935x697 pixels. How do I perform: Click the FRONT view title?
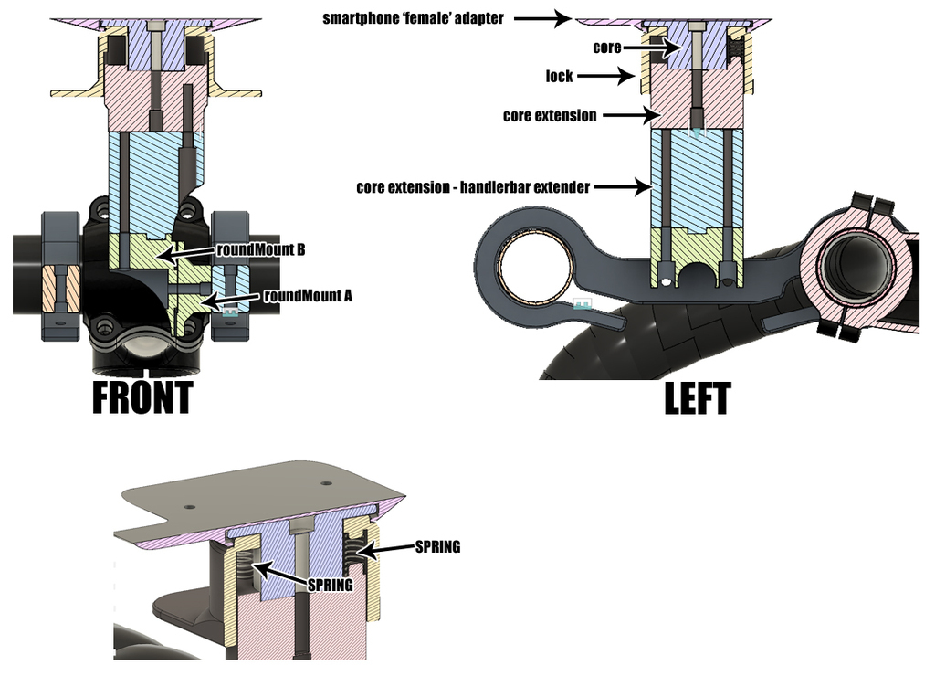142,398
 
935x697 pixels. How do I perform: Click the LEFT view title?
697,399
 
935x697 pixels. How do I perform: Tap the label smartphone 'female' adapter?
413,18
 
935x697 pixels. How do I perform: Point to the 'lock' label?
559,76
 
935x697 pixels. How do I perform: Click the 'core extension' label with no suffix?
550,116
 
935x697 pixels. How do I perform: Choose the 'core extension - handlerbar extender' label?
473,187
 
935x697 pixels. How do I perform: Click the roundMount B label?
260,248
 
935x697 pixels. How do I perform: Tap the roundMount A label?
308,295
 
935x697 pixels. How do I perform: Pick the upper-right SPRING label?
437,547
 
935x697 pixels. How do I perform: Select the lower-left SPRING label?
330,585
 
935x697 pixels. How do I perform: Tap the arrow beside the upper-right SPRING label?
383,549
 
